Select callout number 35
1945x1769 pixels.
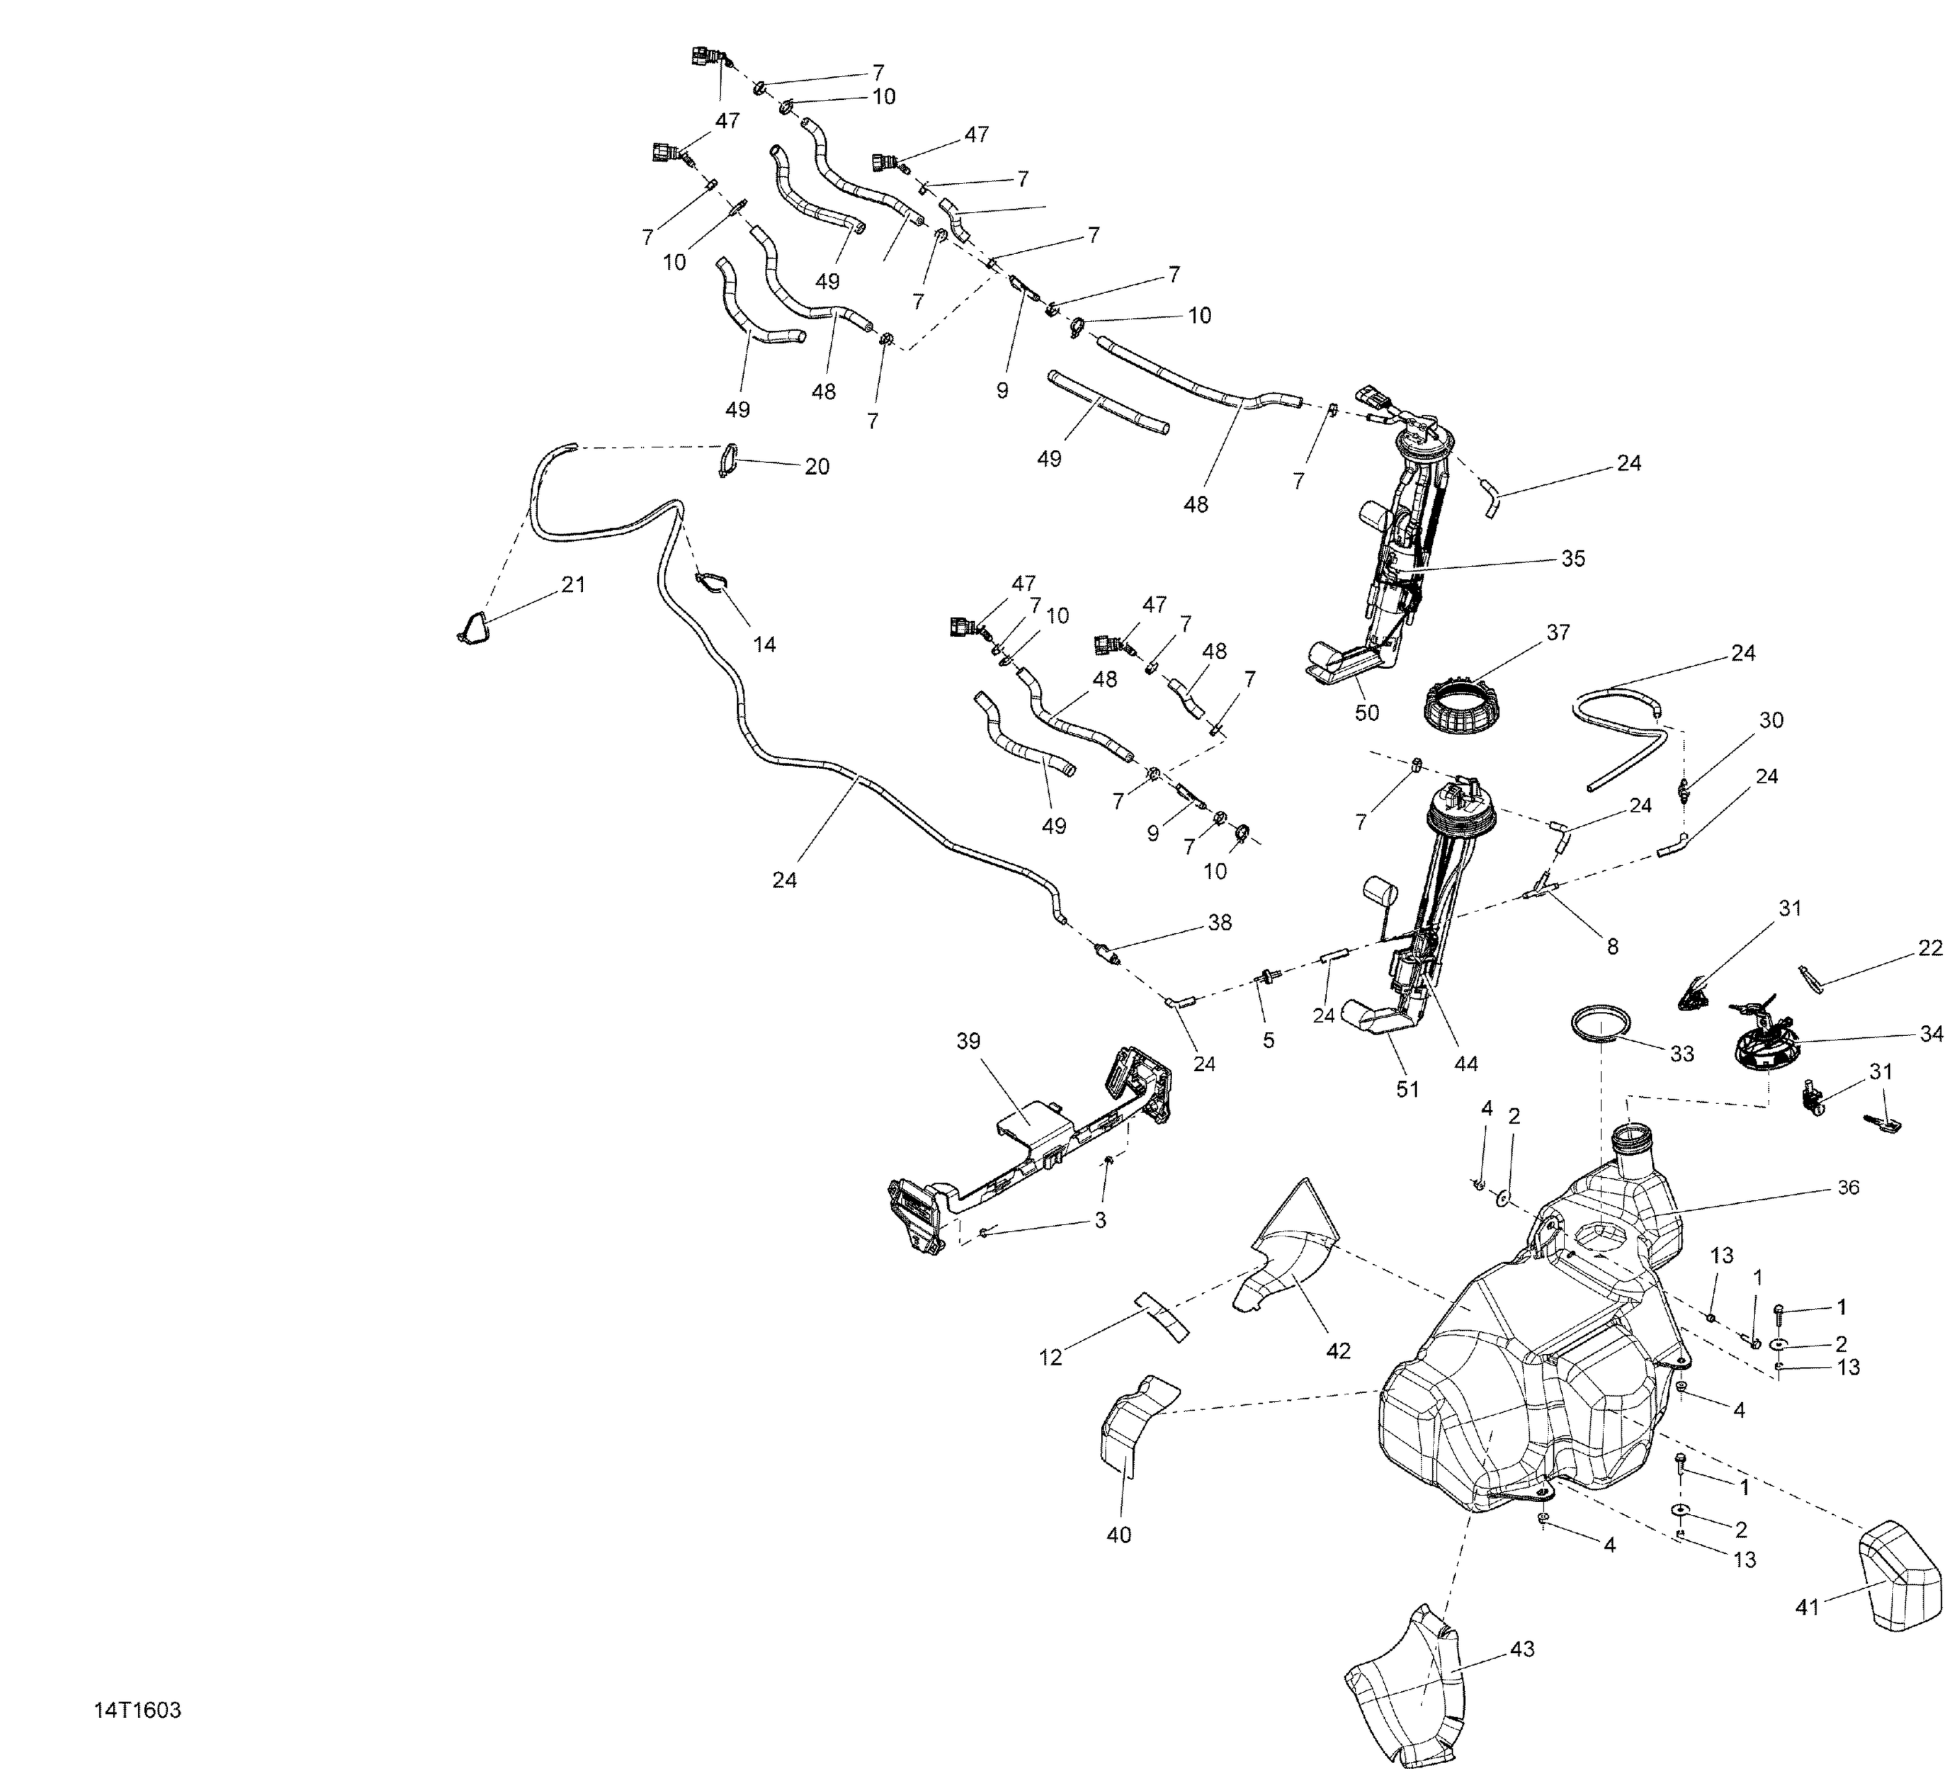(x=1573, y=559)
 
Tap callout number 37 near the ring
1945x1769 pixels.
(x=1557, y=633)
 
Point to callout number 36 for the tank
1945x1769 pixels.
(x=1848, y=1188)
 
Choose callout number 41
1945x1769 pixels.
(x=1806, y=1607)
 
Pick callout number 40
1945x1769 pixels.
(x=1118, y=1534)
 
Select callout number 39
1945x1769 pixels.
(x=968, y=1041)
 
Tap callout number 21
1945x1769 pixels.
(x=573, y=585)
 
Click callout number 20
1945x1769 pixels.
(x=816, y=467)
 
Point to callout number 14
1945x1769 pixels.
(x=764, y=644)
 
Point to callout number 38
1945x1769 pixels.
(x=1220, y=923)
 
